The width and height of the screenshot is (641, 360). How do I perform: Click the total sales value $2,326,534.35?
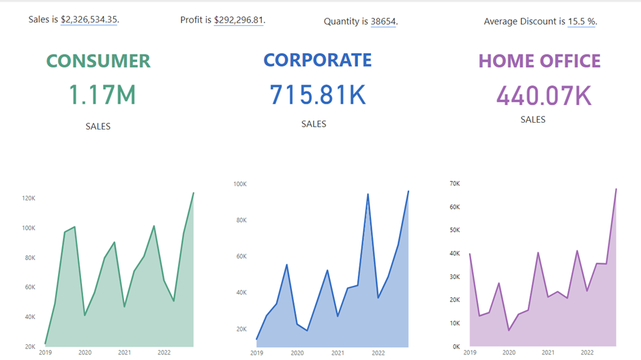pyautogui.click(x=89, y=20)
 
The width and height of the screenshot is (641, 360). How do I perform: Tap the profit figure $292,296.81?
pyautogui.click(x=239, y=20)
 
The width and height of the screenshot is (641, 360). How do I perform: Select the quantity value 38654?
pyautogui.click(x=383, y=21)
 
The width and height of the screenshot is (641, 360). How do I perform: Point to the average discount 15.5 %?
pyautogui.click(x=582, y=21)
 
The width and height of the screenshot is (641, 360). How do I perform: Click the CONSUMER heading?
pyautogui.click(x=98, y=61)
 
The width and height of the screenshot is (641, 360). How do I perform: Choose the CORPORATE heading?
pyautogui.click(x=318, y=60)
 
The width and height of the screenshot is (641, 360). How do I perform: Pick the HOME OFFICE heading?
pyautogui.click(x=539, y=61)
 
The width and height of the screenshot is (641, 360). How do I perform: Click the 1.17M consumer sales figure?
pyautogui.click(x=102, y=95)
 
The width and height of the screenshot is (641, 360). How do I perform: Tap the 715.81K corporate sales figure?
pyautogui.click(x=318, y=95)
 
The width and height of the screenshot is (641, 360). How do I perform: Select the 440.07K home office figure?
pyautogui.click(x=543, y=95)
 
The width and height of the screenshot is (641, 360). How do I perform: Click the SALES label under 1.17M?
pyautogui.click(x=98, y=126)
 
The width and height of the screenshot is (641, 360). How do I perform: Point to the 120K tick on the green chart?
pyautogui.click(x=29, y=198)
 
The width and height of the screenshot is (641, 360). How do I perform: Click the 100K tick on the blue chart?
pyautogui.click(x=240, y=184)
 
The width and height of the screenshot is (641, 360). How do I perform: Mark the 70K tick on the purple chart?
pyautogui.click(x=455, y=183)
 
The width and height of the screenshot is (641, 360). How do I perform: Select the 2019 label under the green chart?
pyautogui.click(x=45, y=352)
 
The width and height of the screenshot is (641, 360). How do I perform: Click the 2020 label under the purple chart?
pyautogui.click(x=509, y=352)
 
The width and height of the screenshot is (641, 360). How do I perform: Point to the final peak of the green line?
pyautogui.click(x=194, y=193)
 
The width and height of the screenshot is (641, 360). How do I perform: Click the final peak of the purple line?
pyautogui.click(x=616, y=189)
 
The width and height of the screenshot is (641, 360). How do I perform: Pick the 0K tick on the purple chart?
pyautogui.click(x=456, y=346)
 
